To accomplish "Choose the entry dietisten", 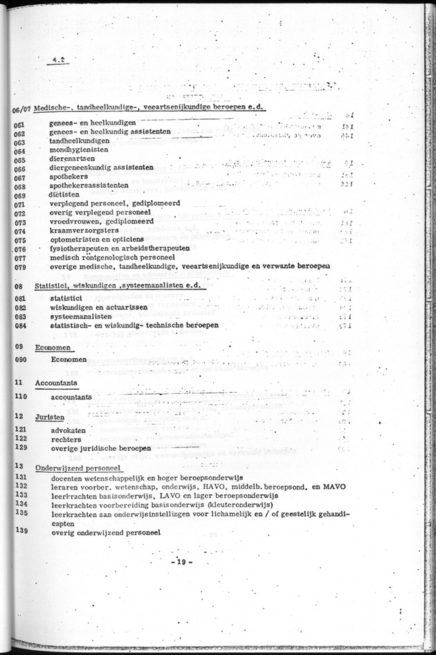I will point(64,195).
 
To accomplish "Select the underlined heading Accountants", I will point(56,383).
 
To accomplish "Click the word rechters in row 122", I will point(66,439).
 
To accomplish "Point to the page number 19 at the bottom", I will point(181,560).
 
